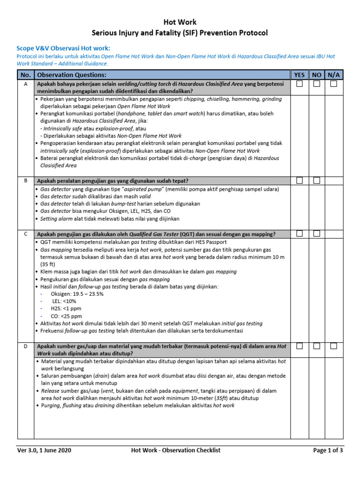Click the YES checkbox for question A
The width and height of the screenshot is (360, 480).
pos(300,84)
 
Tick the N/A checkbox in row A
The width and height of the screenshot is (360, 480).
pos(333,84)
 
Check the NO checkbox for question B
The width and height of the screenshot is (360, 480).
pos(317,180)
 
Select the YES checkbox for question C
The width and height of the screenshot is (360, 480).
pos(300,233)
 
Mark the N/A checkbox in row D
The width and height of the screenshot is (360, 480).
pos(333,346)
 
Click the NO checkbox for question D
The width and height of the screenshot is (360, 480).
pos(317,346)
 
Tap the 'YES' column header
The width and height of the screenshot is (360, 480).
pos(299,75)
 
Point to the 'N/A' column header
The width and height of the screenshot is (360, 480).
pos(333,75)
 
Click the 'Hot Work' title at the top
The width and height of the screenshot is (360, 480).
pos(180,22)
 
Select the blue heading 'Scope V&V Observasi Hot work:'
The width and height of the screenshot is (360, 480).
pos(64,48)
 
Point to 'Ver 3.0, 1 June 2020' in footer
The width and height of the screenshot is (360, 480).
pos(45,450)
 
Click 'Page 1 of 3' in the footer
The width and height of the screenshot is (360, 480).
pos(328,450)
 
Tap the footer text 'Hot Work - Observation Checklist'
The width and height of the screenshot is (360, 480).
pos(176,450)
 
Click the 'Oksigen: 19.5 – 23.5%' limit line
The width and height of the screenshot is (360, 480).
pos(77,294)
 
